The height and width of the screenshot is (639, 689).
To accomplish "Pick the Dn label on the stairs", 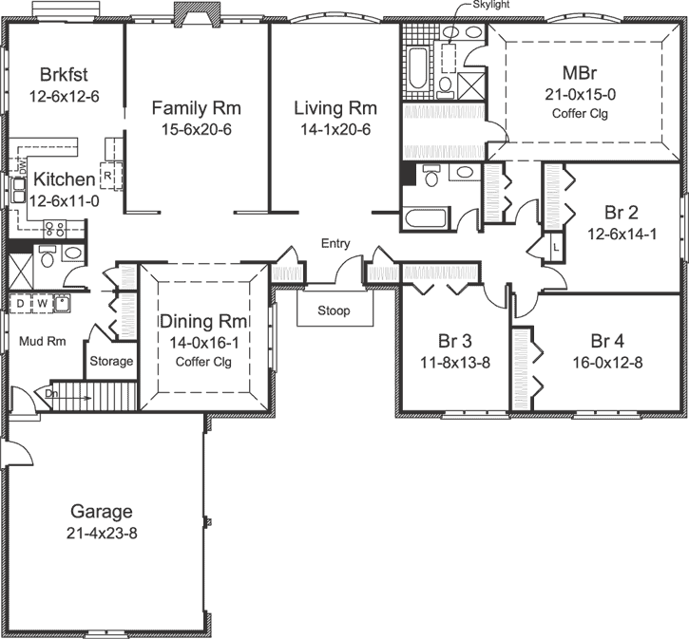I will (x=50, y=392).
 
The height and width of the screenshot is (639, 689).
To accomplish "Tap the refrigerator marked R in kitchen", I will (x=108, y=176).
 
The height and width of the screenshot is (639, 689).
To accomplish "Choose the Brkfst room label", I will (x=65, y=75).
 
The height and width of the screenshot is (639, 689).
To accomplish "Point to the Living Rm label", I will (x=335, y=108).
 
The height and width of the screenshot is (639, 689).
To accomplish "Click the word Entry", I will (x=335, y=244).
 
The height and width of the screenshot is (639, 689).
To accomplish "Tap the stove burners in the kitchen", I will (x=54, y=228).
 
